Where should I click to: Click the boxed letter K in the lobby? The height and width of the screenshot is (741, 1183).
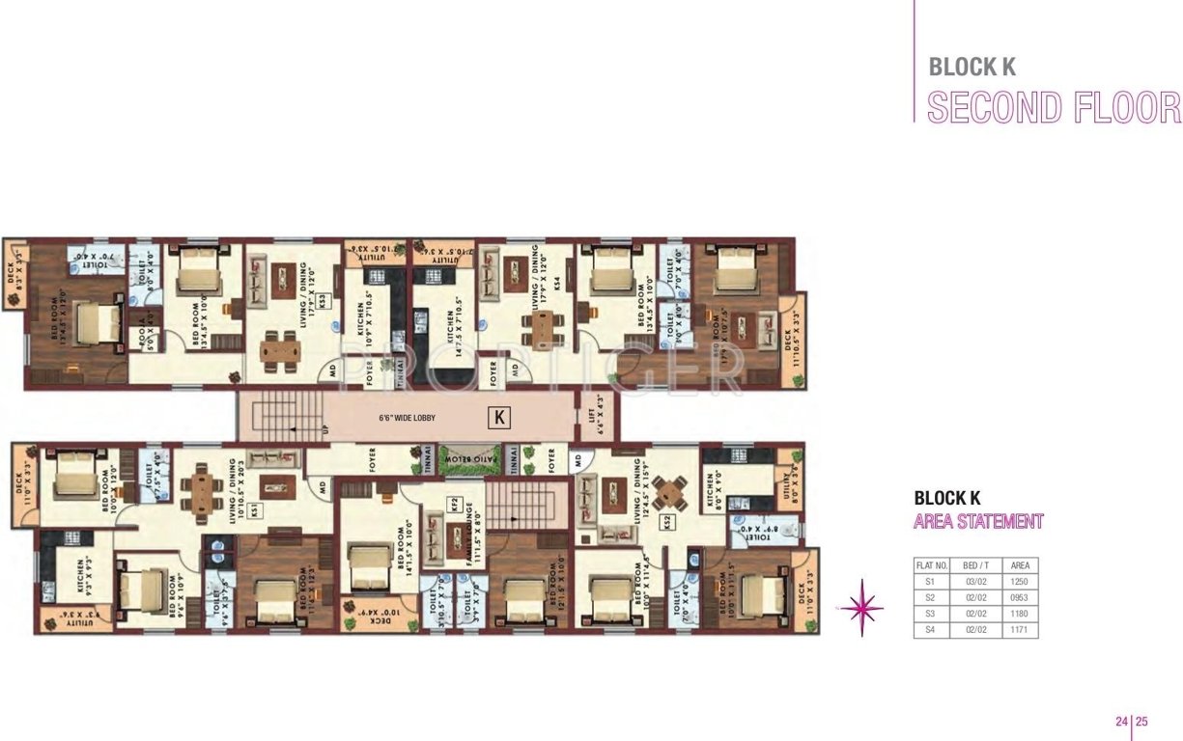coord(499,418)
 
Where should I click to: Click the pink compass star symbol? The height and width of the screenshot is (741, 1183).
coord(860,607)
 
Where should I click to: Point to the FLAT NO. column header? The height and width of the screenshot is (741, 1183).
coord(931,565)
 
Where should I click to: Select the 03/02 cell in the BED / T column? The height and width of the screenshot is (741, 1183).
coord(974,582)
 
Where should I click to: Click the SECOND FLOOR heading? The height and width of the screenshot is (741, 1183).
coord(1054,107)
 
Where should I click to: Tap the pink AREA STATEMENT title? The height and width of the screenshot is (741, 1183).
coord(978,522)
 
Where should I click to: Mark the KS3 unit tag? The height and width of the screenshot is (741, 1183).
coord(324,300)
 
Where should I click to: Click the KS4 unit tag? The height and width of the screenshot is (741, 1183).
coord(554,284)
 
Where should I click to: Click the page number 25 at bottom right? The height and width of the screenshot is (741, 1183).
coord(1141,721)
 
